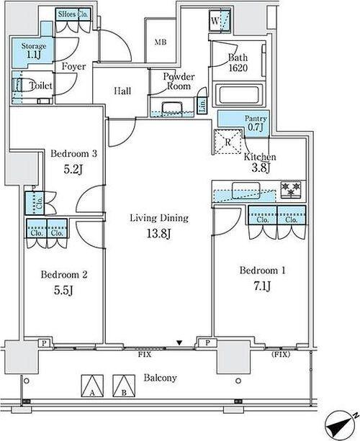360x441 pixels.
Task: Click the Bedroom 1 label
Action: (262, 270)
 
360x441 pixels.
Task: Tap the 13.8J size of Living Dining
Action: (158, 233)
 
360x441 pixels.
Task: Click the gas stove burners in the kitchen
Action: (291, 189)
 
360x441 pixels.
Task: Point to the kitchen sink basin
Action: (246, 191)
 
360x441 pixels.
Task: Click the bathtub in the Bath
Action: (239, 94)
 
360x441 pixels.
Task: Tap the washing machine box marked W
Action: (220, 21)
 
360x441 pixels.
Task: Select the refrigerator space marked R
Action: (228, 142)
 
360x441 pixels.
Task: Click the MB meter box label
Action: (161, 42)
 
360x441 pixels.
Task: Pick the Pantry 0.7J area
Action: (243, 122)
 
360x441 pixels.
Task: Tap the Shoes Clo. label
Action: (73, 14)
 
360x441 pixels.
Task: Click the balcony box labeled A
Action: (92, 386)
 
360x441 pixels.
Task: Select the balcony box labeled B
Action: (124, 386)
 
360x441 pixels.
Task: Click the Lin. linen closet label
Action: (202, 105)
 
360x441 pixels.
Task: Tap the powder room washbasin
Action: (171, 109)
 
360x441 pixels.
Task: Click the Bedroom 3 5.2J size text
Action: (73, 169)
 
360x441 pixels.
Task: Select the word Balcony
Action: (160, 378)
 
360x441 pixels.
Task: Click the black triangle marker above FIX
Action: (179, 343)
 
